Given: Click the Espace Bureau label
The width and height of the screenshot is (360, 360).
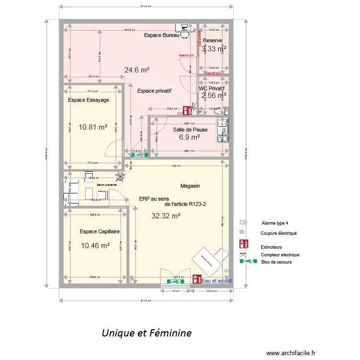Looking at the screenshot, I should [161, 36].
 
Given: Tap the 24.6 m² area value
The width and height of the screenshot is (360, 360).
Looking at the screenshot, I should [137, 70].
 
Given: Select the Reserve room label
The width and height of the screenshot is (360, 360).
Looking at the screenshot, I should [212, 40].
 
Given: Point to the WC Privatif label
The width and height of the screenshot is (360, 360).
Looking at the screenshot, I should [212, 88].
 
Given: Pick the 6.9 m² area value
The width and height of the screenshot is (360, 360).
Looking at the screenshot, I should [189, 137].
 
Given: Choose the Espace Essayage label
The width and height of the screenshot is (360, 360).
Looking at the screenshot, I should [88, 100].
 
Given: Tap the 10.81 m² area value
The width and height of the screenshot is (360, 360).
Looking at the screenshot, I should [93, 127].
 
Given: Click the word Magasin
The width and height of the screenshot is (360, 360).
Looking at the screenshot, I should [190, 186].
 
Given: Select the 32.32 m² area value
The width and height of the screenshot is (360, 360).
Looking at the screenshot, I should [166, 216].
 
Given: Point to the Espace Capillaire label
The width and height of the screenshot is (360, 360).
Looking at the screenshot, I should [100, 231].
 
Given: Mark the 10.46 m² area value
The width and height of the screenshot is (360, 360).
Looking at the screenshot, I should [96, 246].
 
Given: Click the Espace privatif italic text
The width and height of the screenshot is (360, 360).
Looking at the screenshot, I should [155, 91].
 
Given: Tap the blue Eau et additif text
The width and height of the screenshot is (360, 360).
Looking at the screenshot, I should [217, 281].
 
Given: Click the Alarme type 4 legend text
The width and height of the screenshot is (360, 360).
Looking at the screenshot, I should [275, 223].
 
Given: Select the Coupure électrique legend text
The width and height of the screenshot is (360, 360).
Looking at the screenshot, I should [279, 233].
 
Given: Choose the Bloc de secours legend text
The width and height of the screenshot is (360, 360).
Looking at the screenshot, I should [276, 262].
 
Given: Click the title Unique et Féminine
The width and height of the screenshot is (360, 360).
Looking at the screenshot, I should [146, 333].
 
